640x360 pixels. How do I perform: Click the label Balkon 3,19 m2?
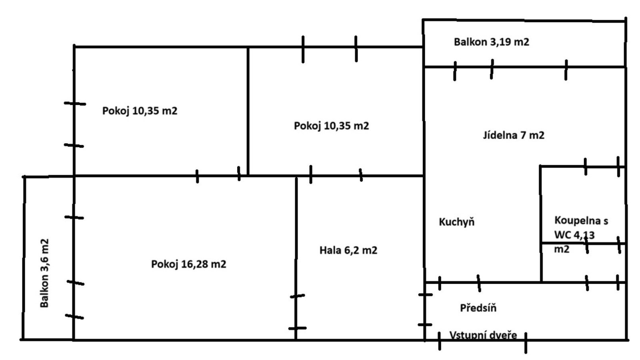point(491,42)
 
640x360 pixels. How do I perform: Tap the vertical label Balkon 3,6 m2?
point(44,273)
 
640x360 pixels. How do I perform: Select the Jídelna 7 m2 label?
point(514,135)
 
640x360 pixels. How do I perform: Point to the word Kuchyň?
point(456,222)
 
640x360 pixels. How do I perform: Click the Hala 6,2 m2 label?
point(348,250)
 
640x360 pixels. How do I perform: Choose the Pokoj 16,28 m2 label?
point(188,264)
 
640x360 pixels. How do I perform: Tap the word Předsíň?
point(478,308)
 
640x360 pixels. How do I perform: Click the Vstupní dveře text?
point(483,335)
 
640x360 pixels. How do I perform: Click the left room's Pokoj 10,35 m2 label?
point(140,111)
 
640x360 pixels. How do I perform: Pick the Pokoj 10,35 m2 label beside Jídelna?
point(331,126)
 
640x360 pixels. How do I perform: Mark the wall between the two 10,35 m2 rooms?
point(248,112)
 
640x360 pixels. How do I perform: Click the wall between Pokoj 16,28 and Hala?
point(296,240)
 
